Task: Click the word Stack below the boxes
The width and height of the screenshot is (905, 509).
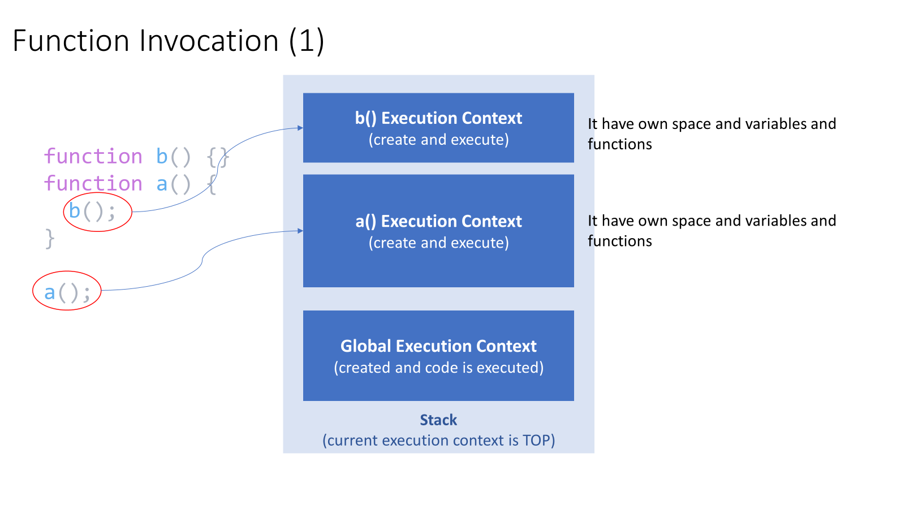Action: point(438,420)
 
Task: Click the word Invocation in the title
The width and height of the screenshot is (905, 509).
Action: point(209,41)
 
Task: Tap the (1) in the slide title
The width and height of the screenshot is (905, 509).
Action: point(306,41)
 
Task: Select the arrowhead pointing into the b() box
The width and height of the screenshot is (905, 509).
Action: point(300,128)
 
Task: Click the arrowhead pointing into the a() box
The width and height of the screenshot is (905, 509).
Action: point(300,231)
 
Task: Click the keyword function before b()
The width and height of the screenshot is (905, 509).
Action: point(93,157)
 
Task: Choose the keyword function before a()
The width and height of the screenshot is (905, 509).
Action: point(93,184)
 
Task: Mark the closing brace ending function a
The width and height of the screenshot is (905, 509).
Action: point(50,239)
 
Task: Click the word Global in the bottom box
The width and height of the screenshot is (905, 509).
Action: point(366,346)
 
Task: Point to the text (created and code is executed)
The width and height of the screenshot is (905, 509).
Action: point(438,368)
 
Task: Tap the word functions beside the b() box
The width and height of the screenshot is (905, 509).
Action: point(620,144)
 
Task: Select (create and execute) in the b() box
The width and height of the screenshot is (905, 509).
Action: point(438,140)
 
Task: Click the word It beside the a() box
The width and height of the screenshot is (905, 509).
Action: point(592,221)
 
